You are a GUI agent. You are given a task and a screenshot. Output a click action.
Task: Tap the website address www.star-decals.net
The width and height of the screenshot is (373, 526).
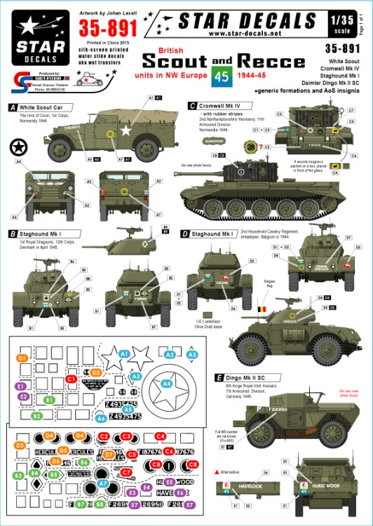pos(253,32)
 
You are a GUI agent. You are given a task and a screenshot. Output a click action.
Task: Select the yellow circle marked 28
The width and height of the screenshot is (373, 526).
pos(250,146)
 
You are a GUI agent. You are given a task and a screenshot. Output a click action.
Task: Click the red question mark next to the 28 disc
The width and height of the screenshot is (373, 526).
pos(260,146)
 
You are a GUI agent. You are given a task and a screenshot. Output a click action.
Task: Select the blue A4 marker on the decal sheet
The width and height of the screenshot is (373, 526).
pos(166,384)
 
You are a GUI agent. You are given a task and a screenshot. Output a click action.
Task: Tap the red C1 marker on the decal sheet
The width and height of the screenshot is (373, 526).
pos(71,379)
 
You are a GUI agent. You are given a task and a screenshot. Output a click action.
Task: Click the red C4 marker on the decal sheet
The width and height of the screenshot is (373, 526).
pos(161,436)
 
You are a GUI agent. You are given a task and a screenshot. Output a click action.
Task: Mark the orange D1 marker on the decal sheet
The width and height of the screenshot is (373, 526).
pos(22,358)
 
